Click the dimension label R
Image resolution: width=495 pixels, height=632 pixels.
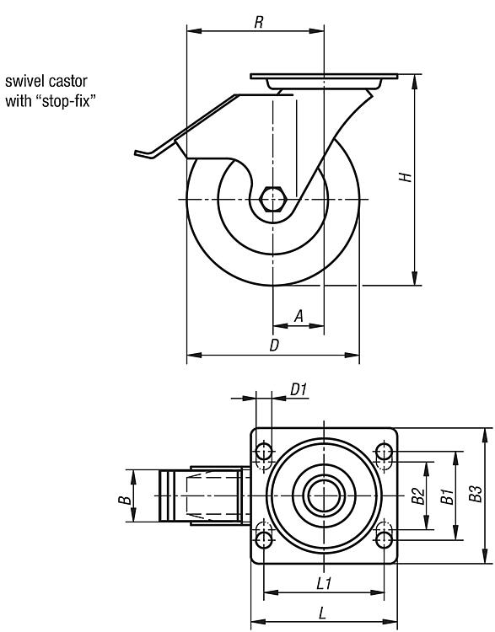tap(259, 22)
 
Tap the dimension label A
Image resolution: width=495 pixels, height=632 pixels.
tap(299, 316)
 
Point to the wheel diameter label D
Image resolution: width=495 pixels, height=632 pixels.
tap(274, 345)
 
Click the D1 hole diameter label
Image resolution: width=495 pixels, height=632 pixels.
tap(299, 390)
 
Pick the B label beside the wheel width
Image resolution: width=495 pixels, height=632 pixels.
tap(126, 501)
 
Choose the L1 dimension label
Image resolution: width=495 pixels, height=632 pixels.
tap(324, 583)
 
